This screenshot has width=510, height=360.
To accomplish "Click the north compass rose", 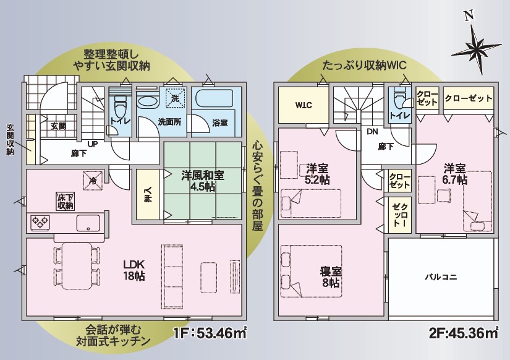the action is (477, 46).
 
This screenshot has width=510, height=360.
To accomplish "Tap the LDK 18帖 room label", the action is (134, 270).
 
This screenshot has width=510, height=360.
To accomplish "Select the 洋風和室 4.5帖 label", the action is (202, 181).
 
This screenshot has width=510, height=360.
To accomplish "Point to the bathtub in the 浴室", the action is (215, 98).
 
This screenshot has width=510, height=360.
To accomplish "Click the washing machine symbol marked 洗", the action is (176, 97).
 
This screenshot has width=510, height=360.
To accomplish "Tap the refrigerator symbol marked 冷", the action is (93, 181).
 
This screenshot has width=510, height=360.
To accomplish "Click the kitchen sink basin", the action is (88, 223).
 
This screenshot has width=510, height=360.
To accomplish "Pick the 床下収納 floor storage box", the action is (66, 202).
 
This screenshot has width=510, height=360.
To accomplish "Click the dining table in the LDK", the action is (77, 265).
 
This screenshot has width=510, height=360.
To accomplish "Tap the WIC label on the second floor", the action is (304, 105).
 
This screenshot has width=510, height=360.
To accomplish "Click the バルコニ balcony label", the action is (441, 277).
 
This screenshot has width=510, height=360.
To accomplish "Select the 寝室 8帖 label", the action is (331, 277).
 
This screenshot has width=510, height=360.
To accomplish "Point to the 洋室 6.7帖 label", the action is (456, 174).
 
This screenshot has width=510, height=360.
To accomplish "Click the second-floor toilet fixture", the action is (399, 99).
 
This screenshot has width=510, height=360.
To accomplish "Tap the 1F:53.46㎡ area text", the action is (210, 333).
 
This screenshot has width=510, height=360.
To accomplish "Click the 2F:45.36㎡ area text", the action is (464, 333).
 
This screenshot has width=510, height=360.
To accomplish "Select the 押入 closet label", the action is (148, 194).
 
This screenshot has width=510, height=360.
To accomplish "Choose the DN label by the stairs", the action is (372, 132).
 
